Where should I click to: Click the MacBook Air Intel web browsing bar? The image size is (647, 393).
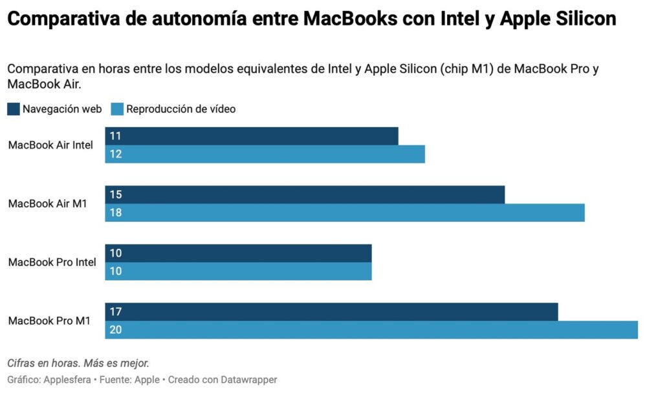(252, 136)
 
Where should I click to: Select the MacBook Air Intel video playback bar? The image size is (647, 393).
(265, 154)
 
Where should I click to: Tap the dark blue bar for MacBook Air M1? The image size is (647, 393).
(305, 195)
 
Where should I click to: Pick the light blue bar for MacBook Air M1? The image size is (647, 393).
(345, 213)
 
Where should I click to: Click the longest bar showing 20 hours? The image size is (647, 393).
(371, 330)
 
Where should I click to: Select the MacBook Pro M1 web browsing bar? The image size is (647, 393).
(331, 312)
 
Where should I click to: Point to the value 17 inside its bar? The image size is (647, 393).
(116, 312)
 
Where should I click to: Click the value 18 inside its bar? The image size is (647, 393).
(116, 213)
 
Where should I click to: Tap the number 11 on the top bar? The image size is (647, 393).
(116, 136)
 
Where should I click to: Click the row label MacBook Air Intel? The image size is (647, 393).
(50, 145)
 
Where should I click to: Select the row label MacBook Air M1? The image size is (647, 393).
(48, 204)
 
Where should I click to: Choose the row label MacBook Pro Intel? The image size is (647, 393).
(52, 262)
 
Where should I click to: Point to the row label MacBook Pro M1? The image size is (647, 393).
(49, 321)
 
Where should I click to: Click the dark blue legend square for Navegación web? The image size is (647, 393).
(14, 109)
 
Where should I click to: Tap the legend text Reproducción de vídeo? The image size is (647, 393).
(181, 109)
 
